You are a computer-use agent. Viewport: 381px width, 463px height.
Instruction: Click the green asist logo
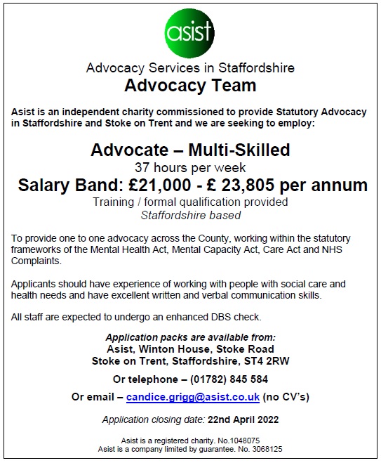(x=190, y=34)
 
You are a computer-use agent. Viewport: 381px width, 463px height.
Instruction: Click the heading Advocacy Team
(x=190, y=86)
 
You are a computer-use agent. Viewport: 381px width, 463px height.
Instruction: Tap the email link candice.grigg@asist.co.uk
(x=193, y=397)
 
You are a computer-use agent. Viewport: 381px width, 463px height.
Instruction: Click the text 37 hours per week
(x=190, y=167)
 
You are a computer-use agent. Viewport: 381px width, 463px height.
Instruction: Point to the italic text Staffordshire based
(x=190, y=216)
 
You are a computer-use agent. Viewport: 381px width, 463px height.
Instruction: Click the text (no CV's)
(x=286, y=397)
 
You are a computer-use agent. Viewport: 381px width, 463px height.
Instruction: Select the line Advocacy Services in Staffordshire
(x=190, y=68)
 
